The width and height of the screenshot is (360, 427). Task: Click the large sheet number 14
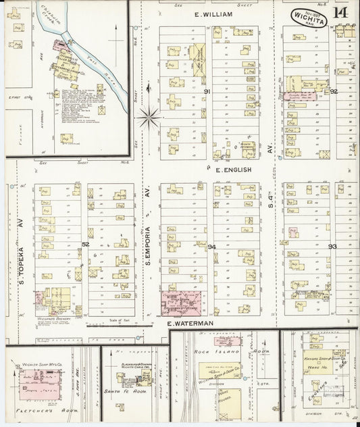coord(341,13)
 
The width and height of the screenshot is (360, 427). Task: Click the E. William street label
coord(213,14)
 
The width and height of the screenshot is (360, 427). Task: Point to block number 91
coord(207,91)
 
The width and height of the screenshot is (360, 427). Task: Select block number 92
coord(333,91)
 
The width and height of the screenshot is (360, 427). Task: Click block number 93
coord(332,247)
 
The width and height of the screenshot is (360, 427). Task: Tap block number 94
coord(211,247)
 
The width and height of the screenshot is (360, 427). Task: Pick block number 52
coord(85,245)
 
